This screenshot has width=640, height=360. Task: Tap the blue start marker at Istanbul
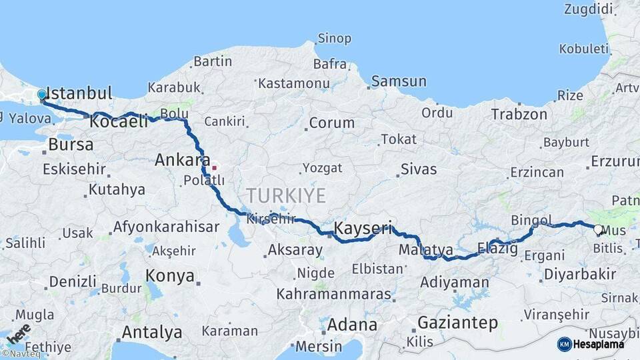(42, 95)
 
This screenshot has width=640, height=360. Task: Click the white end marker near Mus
(598, 231)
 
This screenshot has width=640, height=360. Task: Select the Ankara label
(178, 160)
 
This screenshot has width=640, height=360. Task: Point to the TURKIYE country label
(286, 195)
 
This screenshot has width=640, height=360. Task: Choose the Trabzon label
(519, 114)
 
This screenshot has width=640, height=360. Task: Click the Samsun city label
(399, 81)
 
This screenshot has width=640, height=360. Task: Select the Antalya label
(152, 331)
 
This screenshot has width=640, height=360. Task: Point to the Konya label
(170, 276)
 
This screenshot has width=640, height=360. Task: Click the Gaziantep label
(457, 323)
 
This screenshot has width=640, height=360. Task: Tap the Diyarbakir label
(580, 274)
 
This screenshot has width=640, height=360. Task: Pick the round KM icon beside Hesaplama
(565, 344)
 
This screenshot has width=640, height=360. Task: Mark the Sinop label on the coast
(334, 38)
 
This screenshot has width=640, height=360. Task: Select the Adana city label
(352, 325)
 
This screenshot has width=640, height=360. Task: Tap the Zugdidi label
(588, 9)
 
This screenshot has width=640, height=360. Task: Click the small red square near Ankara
(214, 167)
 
